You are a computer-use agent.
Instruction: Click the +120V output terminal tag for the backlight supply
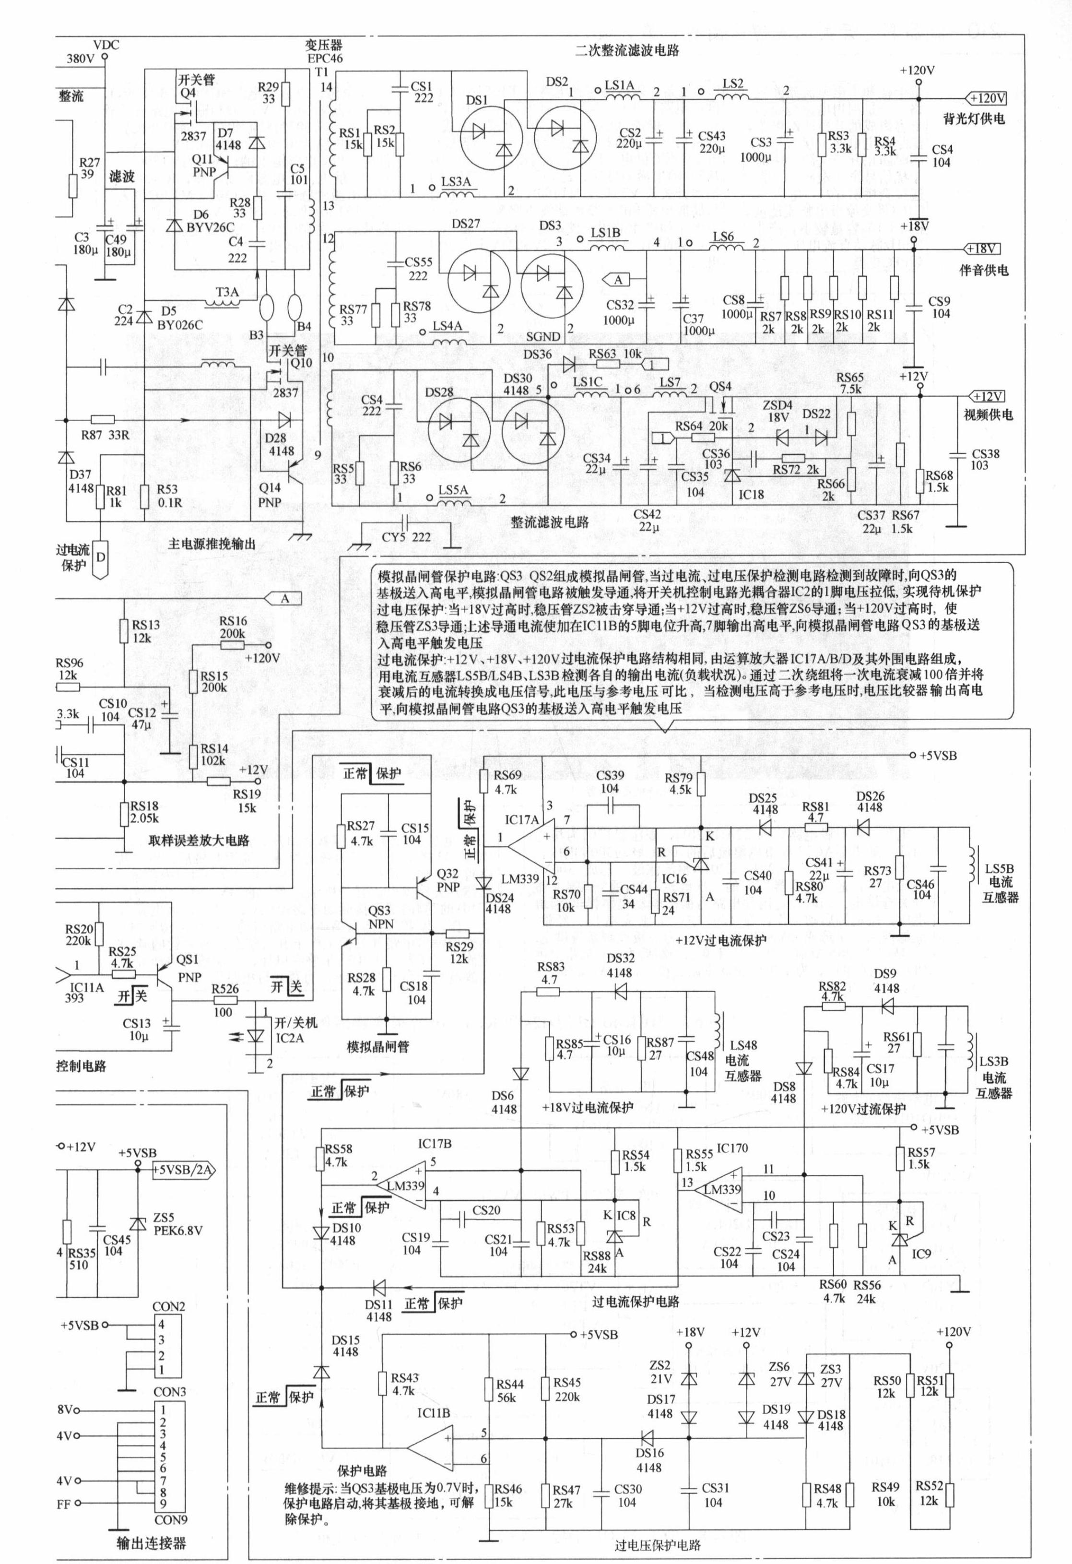[987, 98]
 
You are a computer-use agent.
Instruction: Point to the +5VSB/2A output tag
[184, 1170]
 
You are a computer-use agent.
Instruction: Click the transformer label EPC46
[324, 59]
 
